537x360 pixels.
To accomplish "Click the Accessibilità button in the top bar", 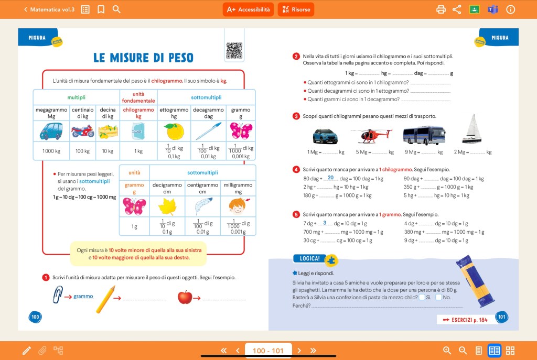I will (248, 9).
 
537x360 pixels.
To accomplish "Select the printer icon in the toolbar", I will (441, 9).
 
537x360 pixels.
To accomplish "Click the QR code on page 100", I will (234, 50).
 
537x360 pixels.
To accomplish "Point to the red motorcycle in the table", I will (82, 131).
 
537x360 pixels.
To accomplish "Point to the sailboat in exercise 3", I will (471, 129).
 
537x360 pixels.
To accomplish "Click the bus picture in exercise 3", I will (424, 135).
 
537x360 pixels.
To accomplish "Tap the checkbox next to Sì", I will (422, 298).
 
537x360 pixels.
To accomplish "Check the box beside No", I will (438, 298).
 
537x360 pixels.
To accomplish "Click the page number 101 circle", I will (501, 317).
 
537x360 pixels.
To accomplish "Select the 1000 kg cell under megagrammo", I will (51, 151).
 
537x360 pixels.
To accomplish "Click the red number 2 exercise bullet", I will (296, 57).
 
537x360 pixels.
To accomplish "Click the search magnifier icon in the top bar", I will (116, 9).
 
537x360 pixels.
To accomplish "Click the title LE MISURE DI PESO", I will (143, 58).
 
